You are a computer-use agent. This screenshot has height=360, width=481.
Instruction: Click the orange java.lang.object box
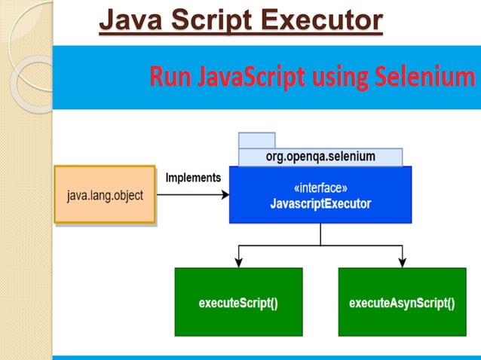[105, 194]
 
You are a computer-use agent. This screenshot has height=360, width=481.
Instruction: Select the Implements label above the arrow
[193, 178]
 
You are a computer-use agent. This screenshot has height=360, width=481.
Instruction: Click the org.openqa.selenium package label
[320, 157]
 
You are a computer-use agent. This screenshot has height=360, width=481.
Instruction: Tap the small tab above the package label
[256, 140]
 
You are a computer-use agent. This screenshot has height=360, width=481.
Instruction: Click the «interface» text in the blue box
[320, 188]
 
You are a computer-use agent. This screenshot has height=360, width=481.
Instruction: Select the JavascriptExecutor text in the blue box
[320, 203]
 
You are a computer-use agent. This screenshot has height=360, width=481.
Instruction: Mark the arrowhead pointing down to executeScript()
[238, 262]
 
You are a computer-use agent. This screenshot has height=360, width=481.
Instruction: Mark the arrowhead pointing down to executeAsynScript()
[402, 262]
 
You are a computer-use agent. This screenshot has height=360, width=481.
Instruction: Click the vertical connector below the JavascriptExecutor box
[320, 233]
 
